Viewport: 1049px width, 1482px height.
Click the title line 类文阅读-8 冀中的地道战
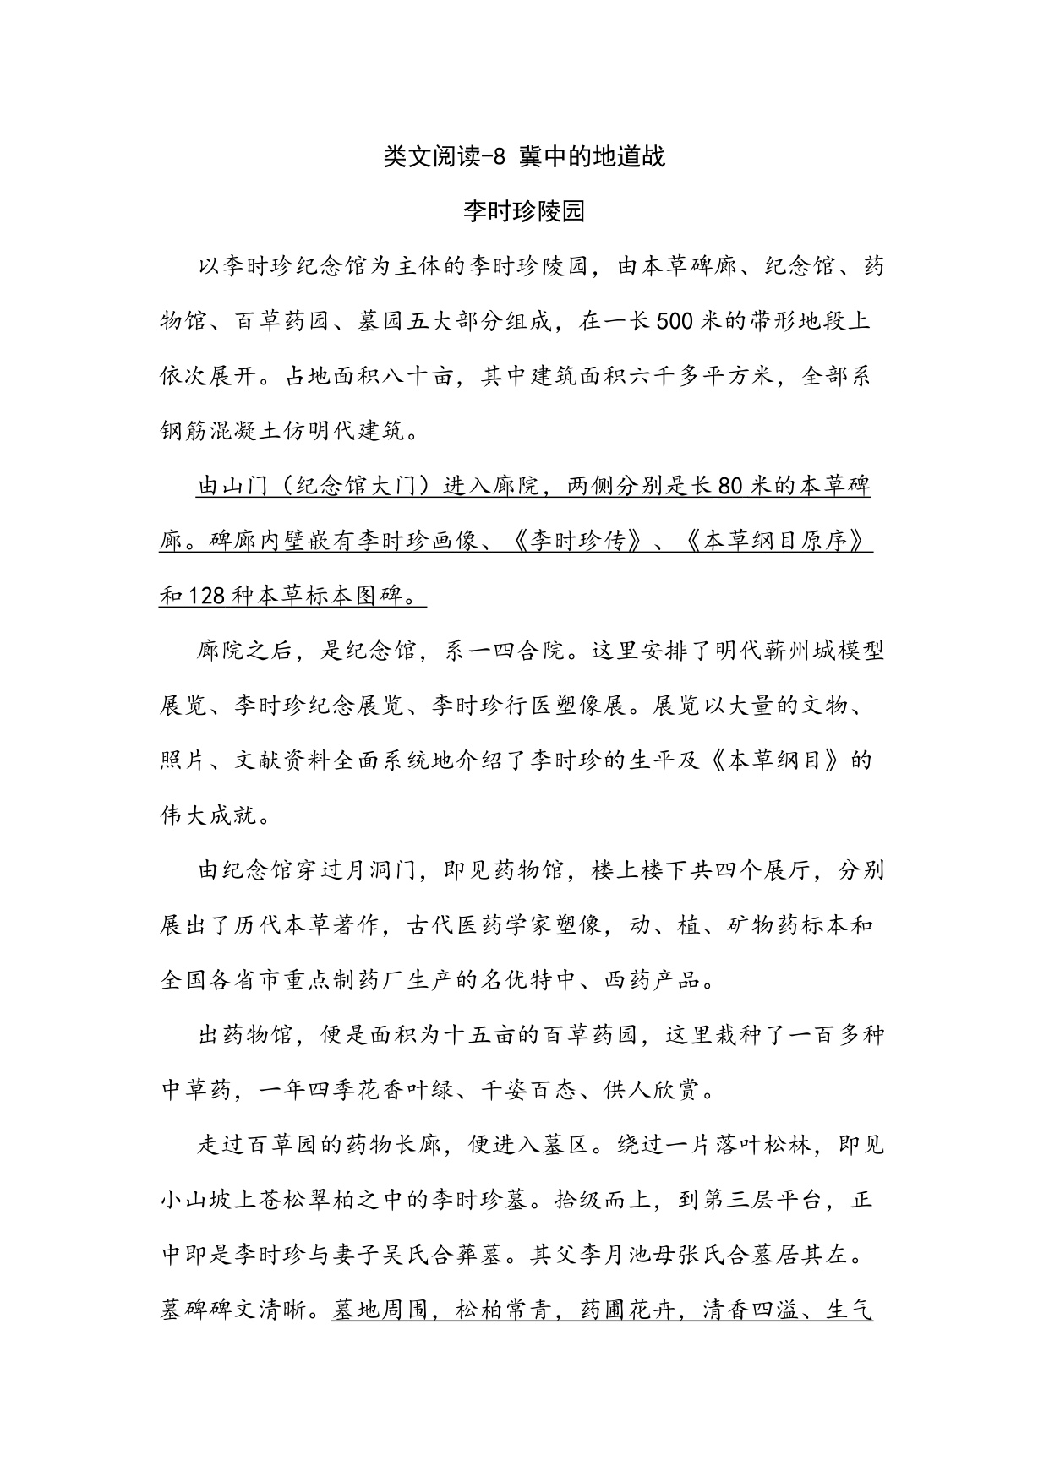524,156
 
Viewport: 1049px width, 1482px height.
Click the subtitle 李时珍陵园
524,211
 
